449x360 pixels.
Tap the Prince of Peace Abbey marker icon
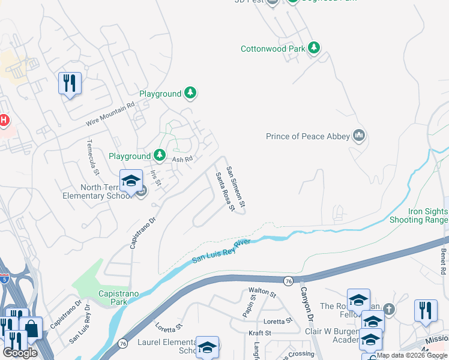pyautogui.click(x=360, y=136)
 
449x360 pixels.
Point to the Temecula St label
pyautogui.click(x=92, y=157)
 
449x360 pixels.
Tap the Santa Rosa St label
pyautogui.click(x=224, y=191)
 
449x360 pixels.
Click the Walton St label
pyautogui.click(x=262, y=292)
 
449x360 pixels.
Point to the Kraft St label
pyautogui.click(x=260, y=332)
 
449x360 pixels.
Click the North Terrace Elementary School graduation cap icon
pyautogui.click(x=131, y=180)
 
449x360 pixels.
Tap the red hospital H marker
pyautogui.click(x=4, y=120)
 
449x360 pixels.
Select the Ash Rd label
pyautogui.click(x=182, y=159)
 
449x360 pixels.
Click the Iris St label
pyautogui.click(x=156, y=178)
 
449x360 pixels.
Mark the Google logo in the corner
pyautogui.click(x=20, y=352)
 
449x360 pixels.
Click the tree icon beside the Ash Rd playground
pyautogui.click(x=160, y=156)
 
